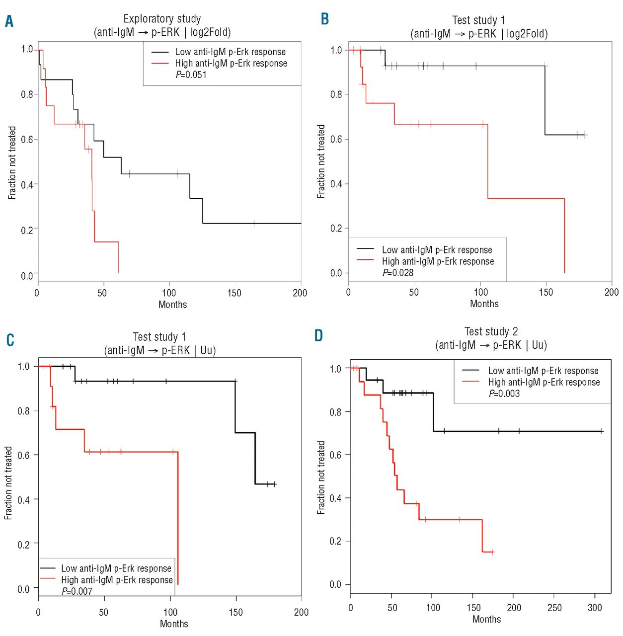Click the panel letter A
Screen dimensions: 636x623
tap(9, 21)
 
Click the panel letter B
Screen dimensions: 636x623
tap(325, 19)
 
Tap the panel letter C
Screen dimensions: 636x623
tap(10, 340)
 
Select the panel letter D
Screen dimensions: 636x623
tap(318, 336)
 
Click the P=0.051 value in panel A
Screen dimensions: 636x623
tap(191, 75)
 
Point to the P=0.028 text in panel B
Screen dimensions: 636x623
tap(398, 273)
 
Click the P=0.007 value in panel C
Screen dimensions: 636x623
tap(77, 591)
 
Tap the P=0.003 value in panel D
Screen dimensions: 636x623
tap(504, 394)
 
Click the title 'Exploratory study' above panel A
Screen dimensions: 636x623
tap(162, 19)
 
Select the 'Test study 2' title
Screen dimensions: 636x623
tap(491, 331)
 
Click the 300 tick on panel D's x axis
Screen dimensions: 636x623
tap(595, 608)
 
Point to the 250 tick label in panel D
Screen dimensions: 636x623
tap(554, 608)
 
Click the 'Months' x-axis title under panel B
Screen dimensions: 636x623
tap(484, 304)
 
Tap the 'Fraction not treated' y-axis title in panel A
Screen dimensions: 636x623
tap(12, 162)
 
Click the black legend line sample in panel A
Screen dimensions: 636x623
tap(160, 52)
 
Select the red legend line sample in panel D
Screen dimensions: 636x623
tap(470, 382)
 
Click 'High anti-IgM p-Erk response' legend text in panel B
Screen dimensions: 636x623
tap(438, 261)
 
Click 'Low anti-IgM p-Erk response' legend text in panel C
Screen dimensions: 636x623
tap(116, 568)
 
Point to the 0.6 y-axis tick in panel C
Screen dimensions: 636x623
tap(24, 455)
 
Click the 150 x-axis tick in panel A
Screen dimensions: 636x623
tap(234, 293)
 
